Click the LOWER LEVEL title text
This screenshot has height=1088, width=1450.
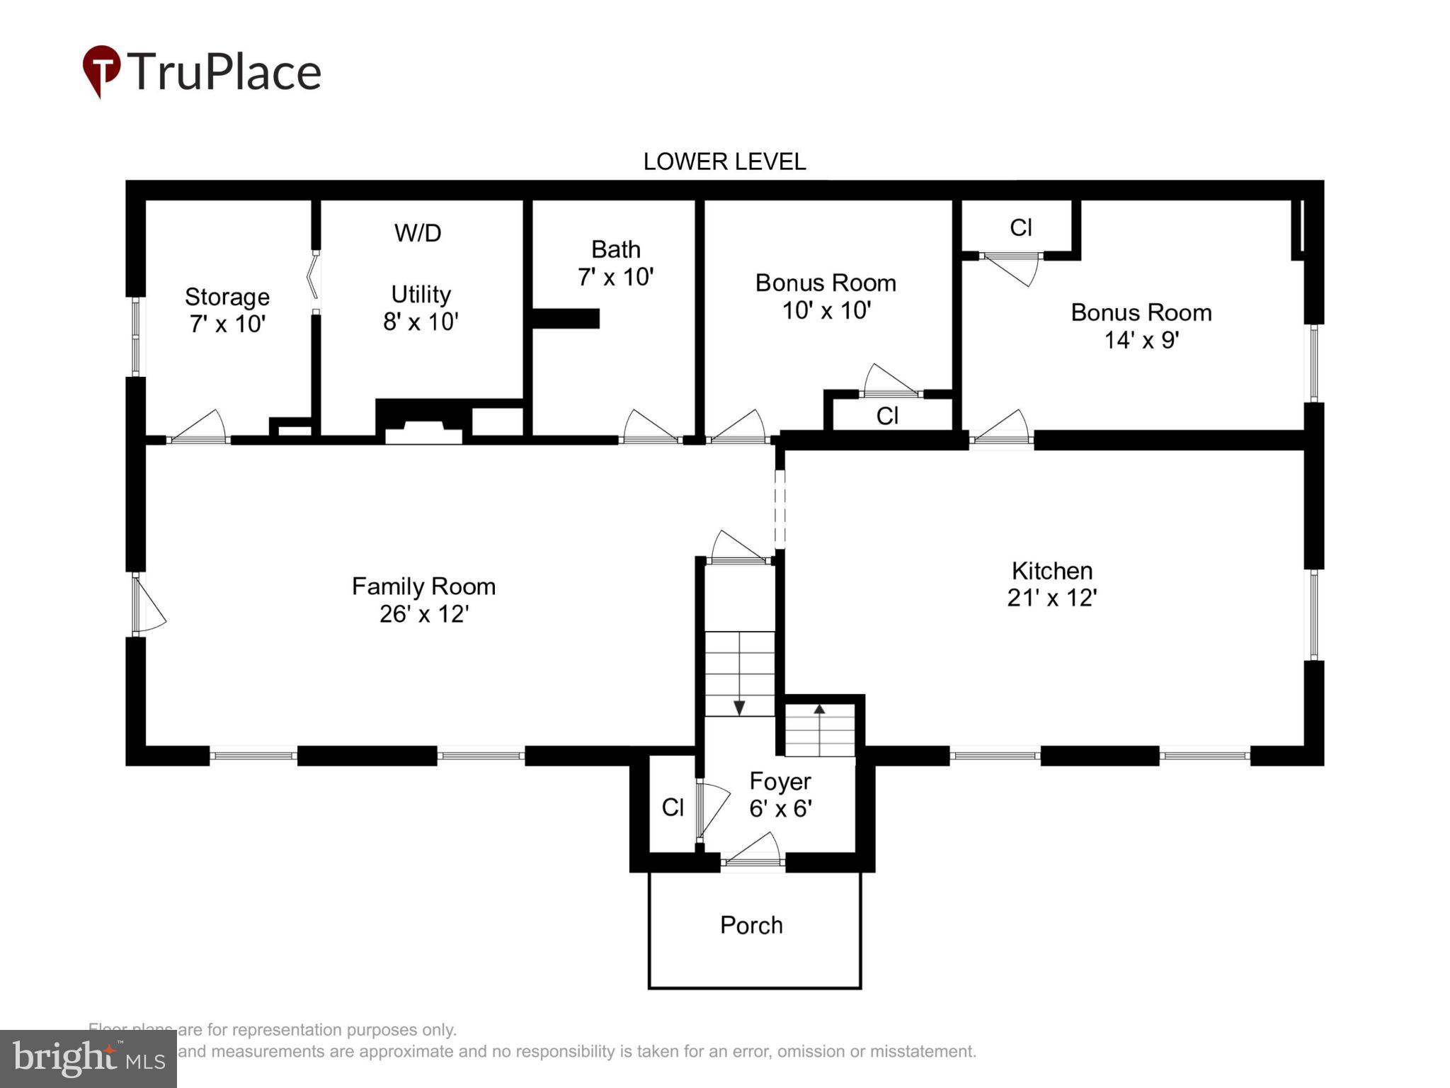point(724,161)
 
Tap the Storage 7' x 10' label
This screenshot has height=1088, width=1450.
point(227,310)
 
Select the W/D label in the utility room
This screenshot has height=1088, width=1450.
point(418,232)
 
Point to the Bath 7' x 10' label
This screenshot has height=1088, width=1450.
point(615,263)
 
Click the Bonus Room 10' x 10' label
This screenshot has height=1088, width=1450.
point(826,296)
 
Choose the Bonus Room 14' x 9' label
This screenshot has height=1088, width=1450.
point(1141,326)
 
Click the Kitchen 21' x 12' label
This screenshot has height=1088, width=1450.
point(1051,584)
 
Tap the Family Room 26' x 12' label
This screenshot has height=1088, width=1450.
point(423,599)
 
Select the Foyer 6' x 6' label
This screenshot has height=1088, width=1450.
point(780,794)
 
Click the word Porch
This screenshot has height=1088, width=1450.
point(751,924)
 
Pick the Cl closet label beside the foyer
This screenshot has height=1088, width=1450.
point(673,807)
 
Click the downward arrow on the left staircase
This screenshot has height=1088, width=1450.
point(739,707)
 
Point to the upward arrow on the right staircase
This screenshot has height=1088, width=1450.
point(819,709)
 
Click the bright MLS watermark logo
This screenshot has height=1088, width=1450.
point(88,1058)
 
